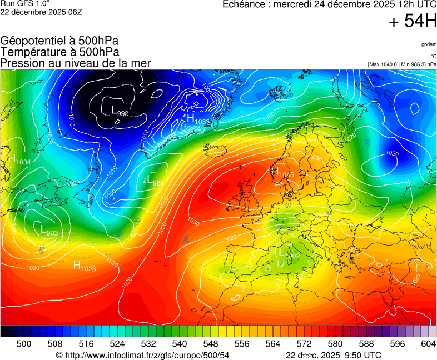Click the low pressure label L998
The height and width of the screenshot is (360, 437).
click(x=120, y=111)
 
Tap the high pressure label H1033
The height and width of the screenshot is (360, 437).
click(x=198, y=119)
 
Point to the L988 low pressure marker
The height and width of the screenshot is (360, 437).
click(x=155, y=181)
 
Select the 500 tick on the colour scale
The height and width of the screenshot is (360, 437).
click(x=24, y=344)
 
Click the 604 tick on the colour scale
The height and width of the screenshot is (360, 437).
click(x=428, y=344)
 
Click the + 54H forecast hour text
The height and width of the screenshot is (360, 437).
click(x=413, y=22)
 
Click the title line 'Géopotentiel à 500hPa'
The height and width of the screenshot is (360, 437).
click(x=59, y=41)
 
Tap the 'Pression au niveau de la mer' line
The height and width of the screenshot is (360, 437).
click(x=75, y=63)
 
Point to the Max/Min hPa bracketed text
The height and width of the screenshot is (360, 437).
click(x=401, y=64)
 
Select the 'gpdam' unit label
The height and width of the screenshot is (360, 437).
click(x=428, y=44)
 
